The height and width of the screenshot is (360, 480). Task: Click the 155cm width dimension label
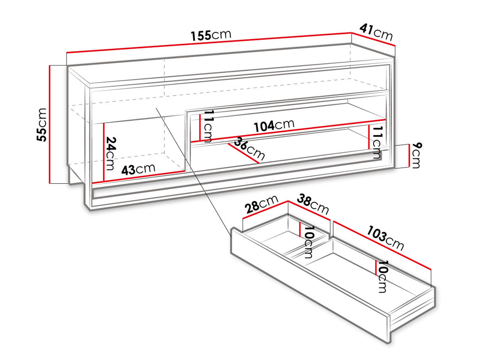click(211, 35)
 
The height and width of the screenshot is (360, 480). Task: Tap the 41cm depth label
click(376, 32)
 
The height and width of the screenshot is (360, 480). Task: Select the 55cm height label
click(42, 125)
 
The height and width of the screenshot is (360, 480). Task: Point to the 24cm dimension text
click(111, 153)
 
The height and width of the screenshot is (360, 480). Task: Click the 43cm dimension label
click(138, 169)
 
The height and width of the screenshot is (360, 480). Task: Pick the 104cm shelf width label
click(274, 125)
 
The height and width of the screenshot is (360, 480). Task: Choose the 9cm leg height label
click(416, 155)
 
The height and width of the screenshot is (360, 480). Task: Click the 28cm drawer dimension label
click(262, 204)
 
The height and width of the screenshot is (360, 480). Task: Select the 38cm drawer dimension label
click(313, 204)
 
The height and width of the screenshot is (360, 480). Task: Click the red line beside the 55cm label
click(49, 124)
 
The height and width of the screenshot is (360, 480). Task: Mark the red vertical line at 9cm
click(409, 156)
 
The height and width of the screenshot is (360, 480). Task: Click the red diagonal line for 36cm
click(244, 153)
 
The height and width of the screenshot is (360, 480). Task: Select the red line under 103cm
click(382, 245)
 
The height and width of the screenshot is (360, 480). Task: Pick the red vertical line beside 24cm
click(104, 152)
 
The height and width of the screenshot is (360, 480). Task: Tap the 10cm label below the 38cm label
click(308, 242)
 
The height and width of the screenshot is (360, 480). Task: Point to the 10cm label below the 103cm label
click(382, 277)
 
